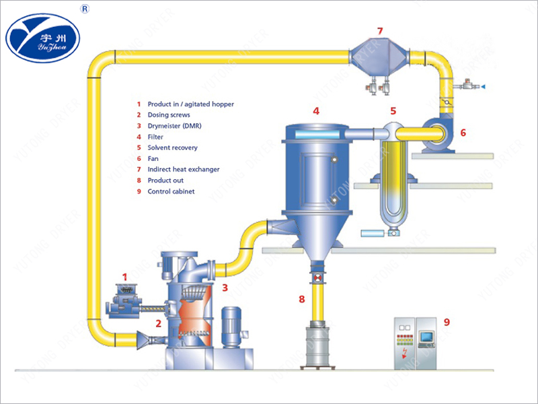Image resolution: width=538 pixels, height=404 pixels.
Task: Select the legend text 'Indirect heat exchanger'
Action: click(x=183, y=169)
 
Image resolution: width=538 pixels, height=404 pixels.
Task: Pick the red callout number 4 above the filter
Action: click(x=315, y=110)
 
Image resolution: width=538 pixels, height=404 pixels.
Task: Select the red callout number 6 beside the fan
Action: click(x=462, y=133)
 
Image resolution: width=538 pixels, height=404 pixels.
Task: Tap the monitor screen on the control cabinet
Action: click(x=426, y=335)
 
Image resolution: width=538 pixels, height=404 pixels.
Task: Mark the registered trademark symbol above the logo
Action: click(x=85, y=9)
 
